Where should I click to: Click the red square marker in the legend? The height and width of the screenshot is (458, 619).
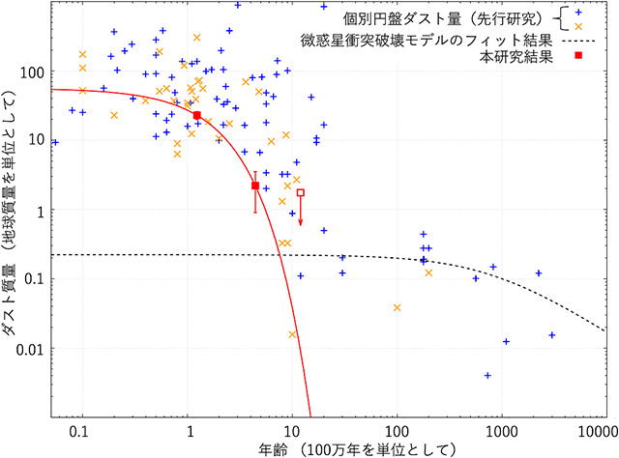(578, 56)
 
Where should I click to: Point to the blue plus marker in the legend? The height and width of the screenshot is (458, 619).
(578, 13)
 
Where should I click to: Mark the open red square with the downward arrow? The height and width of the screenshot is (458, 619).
(300, 193)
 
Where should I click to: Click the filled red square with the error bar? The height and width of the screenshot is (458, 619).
(255, 186)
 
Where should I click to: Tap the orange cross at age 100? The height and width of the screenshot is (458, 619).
(397, 307)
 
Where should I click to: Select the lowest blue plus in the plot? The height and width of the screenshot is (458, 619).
(487, 375)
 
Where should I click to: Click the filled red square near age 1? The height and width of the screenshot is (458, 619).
(196, 115)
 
